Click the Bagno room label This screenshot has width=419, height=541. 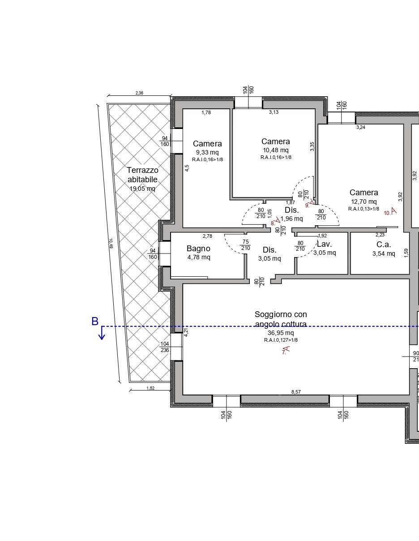click(198, 249)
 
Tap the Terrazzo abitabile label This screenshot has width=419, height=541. click(142, 175)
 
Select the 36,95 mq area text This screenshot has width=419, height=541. click(281, 333)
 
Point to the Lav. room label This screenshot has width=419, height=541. click(324, 244)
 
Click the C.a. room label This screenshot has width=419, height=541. click(384, 245)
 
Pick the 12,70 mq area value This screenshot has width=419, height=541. click(364, 202)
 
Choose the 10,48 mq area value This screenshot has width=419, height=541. click(276, 150)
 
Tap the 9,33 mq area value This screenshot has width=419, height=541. click(207, 152)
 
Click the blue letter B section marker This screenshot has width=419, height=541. click(95, 322)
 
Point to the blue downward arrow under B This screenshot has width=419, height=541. click(102, 333)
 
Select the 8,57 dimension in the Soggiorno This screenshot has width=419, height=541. click(296, 392)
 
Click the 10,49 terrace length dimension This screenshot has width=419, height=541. click(111, 244)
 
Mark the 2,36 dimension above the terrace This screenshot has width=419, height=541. click(139, 93)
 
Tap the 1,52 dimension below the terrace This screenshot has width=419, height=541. click(150, 388)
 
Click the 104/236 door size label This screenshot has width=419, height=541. click(165, 347)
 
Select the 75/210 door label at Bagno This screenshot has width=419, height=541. click(246, 245)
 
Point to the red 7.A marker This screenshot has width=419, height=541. click(286, 350)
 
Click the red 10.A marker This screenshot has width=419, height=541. click(390, 212)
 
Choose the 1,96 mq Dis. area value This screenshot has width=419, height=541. click(291, 219)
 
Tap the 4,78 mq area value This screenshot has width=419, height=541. click(199, 257)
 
